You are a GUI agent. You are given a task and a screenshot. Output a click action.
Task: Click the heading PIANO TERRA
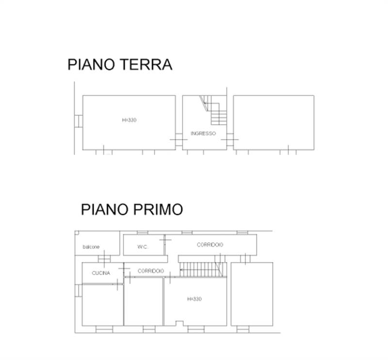point(120,65)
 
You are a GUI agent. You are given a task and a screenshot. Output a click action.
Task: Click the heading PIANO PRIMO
point(131,210)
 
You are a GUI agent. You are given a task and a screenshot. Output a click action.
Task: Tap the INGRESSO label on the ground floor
point(203,133)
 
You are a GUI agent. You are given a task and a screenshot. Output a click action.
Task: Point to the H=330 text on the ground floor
point(129,120)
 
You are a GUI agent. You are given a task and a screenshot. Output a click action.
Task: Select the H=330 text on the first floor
point(194,299)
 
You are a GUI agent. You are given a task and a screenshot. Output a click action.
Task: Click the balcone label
point(91,247)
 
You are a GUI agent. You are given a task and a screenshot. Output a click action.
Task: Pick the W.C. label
point(142,247)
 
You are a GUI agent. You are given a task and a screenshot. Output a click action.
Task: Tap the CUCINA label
point(101,273)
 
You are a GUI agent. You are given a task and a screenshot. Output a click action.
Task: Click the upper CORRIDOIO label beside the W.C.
point(210,245)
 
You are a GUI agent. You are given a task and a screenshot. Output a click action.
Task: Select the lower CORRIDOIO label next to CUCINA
point(151,271)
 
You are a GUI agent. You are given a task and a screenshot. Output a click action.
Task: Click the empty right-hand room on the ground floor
point(274,122)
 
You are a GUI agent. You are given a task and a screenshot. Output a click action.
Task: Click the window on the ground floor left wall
point(78,121)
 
